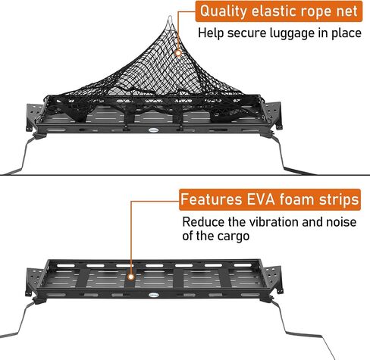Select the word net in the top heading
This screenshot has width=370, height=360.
347,11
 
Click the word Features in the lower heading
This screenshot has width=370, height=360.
212,199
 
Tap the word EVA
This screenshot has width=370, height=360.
261,199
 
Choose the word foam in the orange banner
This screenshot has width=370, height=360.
296,199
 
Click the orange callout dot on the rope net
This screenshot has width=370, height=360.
178,53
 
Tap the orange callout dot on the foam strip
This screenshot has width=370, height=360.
130,277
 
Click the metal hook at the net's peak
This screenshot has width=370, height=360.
171,20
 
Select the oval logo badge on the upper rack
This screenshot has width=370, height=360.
153,130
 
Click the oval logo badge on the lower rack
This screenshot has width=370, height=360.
153,295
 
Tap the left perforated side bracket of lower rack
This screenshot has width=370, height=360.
34,281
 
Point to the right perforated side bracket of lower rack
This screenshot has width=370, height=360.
273,280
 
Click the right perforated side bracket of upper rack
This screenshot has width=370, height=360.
273,115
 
